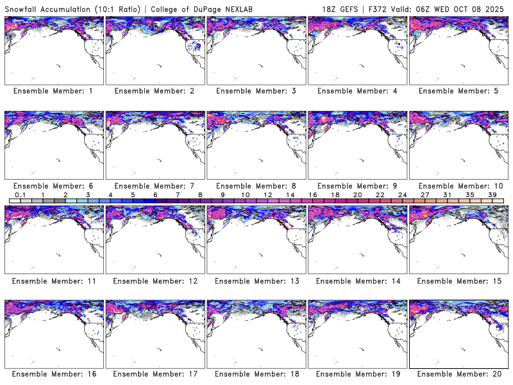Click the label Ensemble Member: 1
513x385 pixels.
click(53, 91)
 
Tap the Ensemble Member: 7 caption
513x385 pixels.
click(155, 185)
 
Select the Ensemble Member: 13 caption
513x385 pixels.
click(255, 280)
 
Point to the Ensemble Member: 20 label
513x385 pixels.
click(458, 374)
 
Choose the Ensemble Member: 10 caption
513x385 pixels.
click(458, 185)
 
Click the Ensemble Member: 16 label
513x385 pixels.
click(53, 374)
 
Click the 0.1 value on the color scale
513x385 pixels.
click(20, 194)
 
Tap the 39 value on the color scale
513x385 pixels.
click(492, 194)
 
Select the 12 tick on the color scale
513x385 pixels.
click(267, 194)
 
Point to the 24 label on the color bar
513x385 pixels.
click(402, 194)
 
